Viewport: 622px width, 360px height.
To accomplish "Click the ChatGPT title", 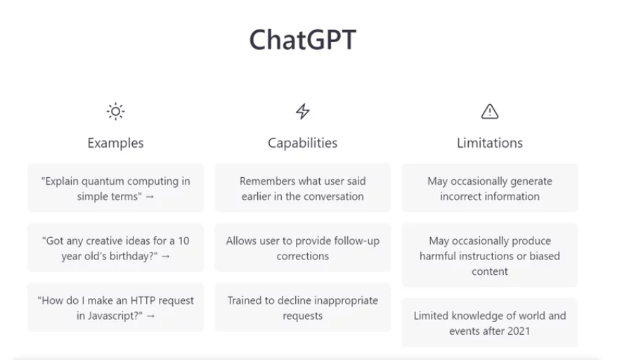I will coord(302,40).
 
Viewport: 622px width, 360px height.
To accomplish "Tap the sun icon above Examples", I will coord(115,111).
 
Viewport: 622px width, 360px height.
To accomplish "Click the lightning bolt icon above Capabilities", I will coord(302,111).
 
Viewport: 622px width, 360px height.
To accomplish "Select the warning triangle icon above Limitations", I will coord(489,111).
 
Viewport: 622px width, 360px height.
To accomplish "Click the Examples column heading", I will coord(115,143).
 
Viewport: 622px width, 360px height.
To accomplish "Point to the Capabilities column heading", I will coord(302,143).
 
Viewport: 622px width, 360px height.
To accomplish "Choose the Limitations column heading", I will coord(489,143).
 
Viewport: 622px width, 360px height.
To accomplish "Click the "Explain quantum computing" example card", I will coord(115,188).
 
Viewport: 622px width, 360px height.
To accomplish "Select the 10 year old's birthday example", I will coord(115,248).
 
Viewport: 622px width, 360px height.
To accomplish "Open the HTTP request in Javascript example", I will coord(115,308).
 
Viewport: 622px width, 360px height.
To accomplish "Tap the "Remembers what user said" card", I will coord(302,188).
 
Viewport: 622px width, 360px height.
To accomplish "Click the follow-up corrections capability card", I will coord(302,248).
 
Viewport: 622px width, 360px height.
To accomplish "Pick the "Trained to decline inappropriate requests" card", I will coord(302,308).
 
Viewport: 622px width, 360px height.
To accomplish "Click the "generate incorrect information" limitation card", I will coord(489,188).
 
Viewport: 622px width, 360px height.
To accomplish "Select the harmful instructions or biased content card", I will coord(489,255).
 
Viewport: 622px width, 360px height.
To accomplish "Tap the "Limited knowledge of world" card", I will coord(489,323).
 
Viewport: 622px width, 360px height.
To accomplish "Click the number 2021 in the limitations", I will coord(517,330).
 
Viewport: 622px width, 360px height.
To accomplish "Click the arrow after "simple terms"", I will coord(150,197).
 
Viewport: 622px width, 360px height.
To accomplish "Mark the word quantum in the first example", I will coord(108,181).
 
